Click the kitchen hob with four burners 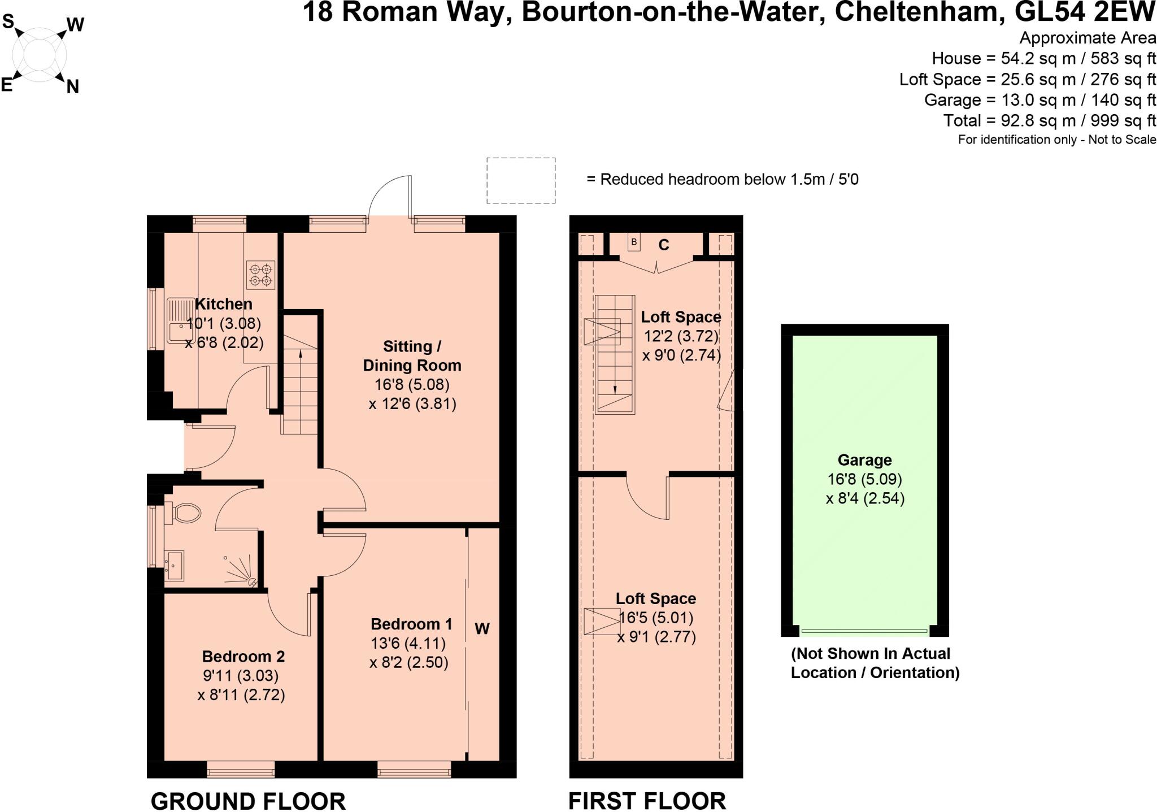click(x=261, y=275)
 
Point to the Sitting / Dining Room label click(x=412, y=355)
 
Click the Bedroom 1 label click(x=411, y=624)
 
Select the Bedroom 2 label click(x=243, y=656)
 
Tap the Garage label click(x=865, y=460)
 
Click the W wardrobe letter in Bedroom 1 click(x=482, y=628)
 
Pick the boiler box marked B click(x=634, y=242)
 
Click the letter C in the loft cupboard click(x=664, y=245)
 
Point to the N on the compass click(x=72, y=86)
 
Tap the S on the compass click(x=8, y=22)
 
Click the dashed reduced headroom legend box click(x=521, y=180)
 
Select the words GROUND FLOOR click(x=248, y=801)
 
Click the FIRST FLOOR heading click(x=647, y=801)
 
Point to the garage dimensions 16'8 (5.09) click(x=865, y=479)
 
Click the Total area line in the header click(x=1050, y=120)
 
